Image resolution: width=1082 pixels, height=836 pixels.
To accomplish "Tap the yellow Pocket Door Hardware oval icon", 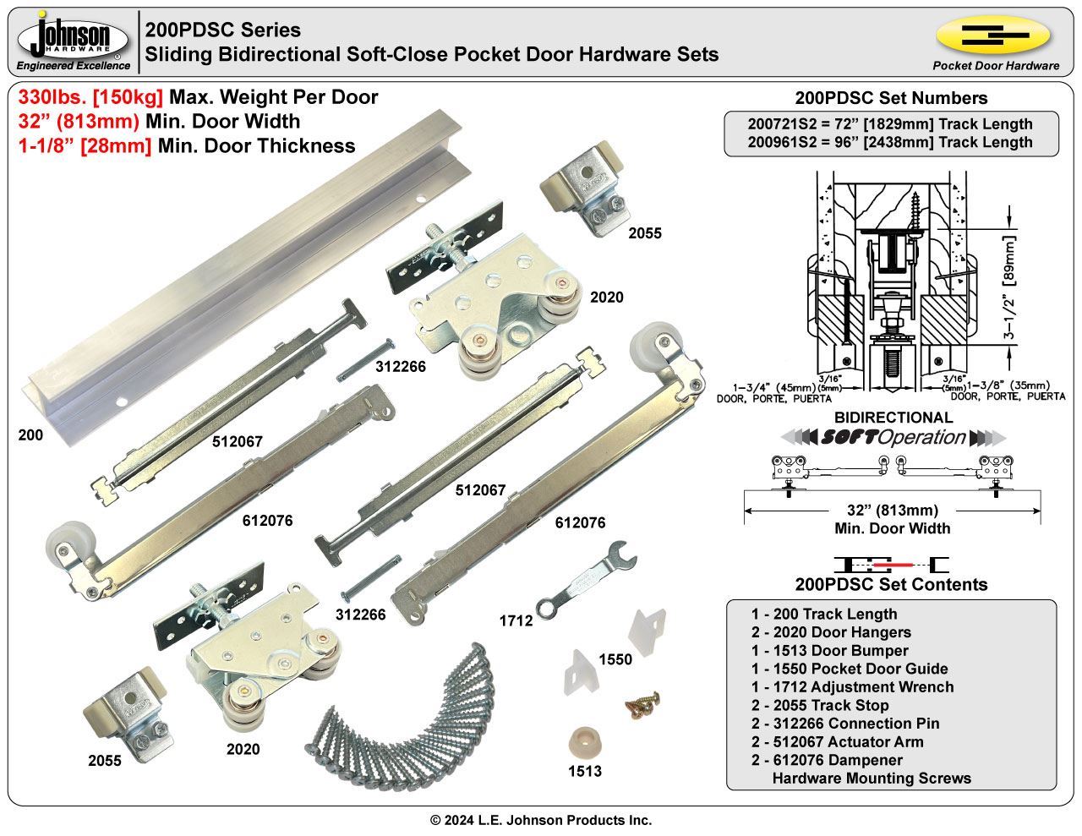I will [993, 36].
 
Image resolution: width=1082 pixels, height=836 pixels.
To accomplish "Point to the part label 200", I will [30, 435].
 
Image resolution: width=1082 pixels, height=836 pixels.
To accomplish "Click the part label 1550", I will [615, 658].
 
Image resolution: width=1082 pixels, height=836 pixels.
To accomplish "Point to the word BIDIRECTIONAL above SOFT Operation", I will [893, 418].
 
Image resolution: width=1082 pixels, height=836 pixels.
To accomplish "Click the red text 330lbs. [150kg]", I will [90, 97].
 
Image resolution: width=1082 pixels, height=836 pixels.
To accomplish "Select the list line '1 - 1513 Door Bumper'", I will [829, 650].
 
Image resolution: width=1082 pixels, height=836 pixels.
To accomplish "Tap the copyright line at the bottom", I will [541, 820].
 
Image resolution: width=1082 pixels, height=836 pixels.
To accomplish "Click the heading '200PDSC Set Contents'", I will [891, 584].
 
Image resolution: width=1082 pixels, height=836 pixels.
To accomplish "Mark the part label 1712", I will [516, 620].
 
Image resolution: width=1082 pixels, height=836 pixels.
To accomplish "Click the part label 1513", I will [585, 771].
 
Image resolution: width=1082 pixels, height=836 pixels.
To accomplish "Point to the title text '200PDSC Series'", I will [223, 30].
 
